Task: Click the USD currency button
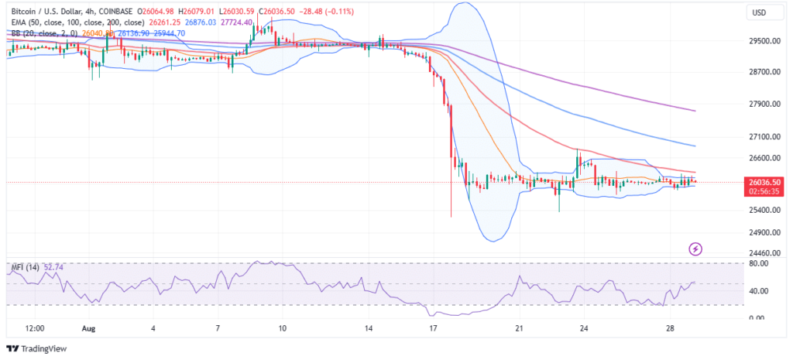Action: coord(759,12)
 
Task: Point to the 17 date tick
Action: coord(433,328)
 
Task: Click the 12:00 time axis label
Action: coord(34,328)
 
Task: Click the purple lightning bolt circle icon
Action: coord(695,249)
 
